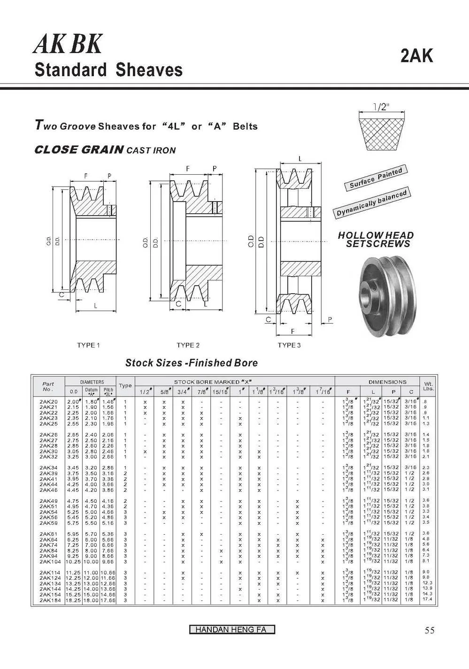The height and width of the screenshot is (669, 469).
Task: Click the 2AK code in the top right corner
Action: [417, 56]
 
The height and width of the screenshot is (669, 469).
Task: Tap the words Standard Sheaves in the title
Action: [108, 70]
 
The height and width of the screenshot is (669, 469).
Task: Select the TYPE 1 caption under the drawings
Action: [88, 345]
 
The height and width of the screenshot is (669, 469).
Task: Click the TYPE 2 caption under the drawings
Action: [188, 345]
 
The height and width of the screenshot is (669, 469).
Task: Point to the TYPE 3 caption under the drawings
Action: [289, 345]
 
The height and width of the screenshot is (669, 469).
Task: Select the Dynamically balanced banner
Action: [371, 202]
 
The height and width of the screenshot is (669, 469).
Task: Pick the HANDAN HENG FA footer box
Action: [232, 630]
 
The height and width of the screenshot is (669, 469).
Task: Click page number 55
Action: [429, 630]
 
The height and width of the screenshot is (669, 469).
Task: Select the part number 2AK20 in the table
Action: [49, 402]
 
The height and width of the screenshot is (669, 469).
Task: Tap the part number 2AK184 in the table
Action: [50, 600]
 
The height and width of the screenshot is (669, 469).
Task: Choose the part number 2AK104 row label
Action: [50, 561]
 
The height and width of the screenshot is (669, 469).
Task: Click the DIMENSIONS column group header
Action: [387, 382]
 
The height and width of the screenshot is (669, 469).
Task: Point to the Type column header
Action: [125, 386]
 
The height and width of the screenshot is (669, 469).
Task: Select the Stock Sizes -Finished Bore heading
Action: [191, 363]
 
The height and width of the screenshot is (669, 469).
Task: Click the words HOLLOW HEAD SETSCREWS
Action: [376, 240]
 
